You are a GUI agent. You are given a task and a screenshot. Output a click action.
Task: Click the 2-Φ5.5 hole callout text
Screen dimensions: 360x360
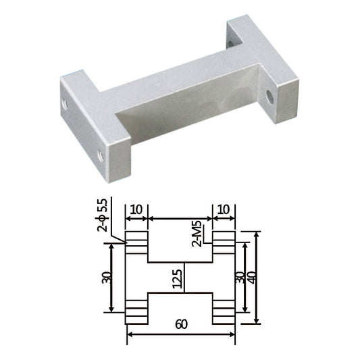pyautogui.click(x=103, y=215)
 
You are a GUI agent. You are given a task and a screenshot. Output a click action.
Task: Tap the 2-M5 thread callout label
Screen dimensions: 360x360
pyautogui.click(x=197, y=234)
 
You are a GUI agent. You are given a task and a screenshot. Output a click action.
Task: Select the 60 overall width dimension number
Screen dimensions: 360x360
pyautogui.click(x=182, y=324)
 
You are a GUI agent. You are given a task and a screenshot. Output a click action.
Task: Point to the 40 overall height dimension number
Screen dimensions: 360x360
pyautogui.click(x=252, y=278)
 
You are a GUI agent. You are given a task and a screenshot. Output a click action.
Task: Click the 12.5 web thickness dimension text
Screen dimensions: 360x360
pyautogui.click(x=177, y=279)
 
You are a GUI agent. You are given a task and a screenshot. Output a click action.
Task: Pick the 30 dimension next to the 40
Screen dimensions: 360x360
pyautogui.click(x=240, y=278)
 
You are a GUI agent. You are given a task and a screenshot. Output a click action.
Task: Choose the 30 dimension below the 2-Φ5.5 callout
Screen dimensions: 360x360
pyautogui.click(x=107, y=278)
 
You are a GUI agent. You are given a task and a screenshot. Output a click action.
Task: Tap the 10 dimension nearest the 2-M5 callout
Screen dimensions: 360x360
pyautogui.click(x=223, y=209)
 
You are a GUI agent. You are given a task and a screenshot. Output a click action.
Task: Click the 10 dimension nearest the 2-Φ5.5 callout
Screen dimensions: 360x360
pyautogui.click(x=136, y=209)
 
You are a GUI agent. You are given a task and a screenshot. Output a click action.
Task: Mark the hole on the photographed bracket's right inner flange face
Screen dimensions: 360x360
pyautogui.click(x=269, y=97)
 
